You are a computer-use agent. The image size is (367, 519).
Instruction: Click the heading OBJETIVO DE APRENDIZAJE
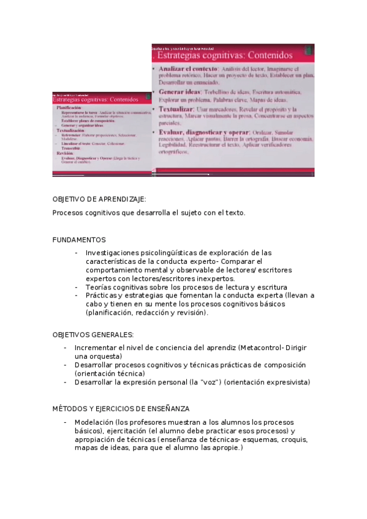point(99,200)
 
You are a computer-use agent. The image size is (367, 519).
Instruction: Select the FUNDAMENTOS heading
point(79,240)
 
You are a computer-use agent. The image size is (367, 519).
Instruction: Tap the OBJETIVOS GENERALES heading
point(93,335)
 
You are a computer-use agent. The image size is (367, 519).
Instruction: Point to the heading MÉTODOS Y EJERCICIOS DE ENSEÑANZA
point(121,408)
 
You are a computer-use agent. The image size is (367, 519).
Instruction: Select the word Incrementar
point(96,348)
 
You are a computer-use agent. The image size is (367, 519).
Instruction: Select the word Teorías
point(100,287)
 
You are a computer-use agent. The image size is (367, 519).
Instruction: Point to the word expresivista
point(290,382)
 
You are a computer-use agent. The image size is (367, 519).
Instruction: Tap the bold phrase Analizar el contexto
point(188,69)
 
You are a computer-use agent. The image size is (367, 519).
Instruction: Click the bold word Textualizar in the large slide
point(177,108)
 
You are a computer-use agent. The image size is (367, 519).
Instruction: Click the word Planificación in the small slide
point(69,107)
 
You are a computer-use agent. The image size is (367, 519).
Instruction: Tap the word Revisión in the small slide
point(65,153)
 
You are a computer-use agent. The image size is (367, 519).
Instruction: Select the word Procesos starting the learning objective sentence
point(69,213)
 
